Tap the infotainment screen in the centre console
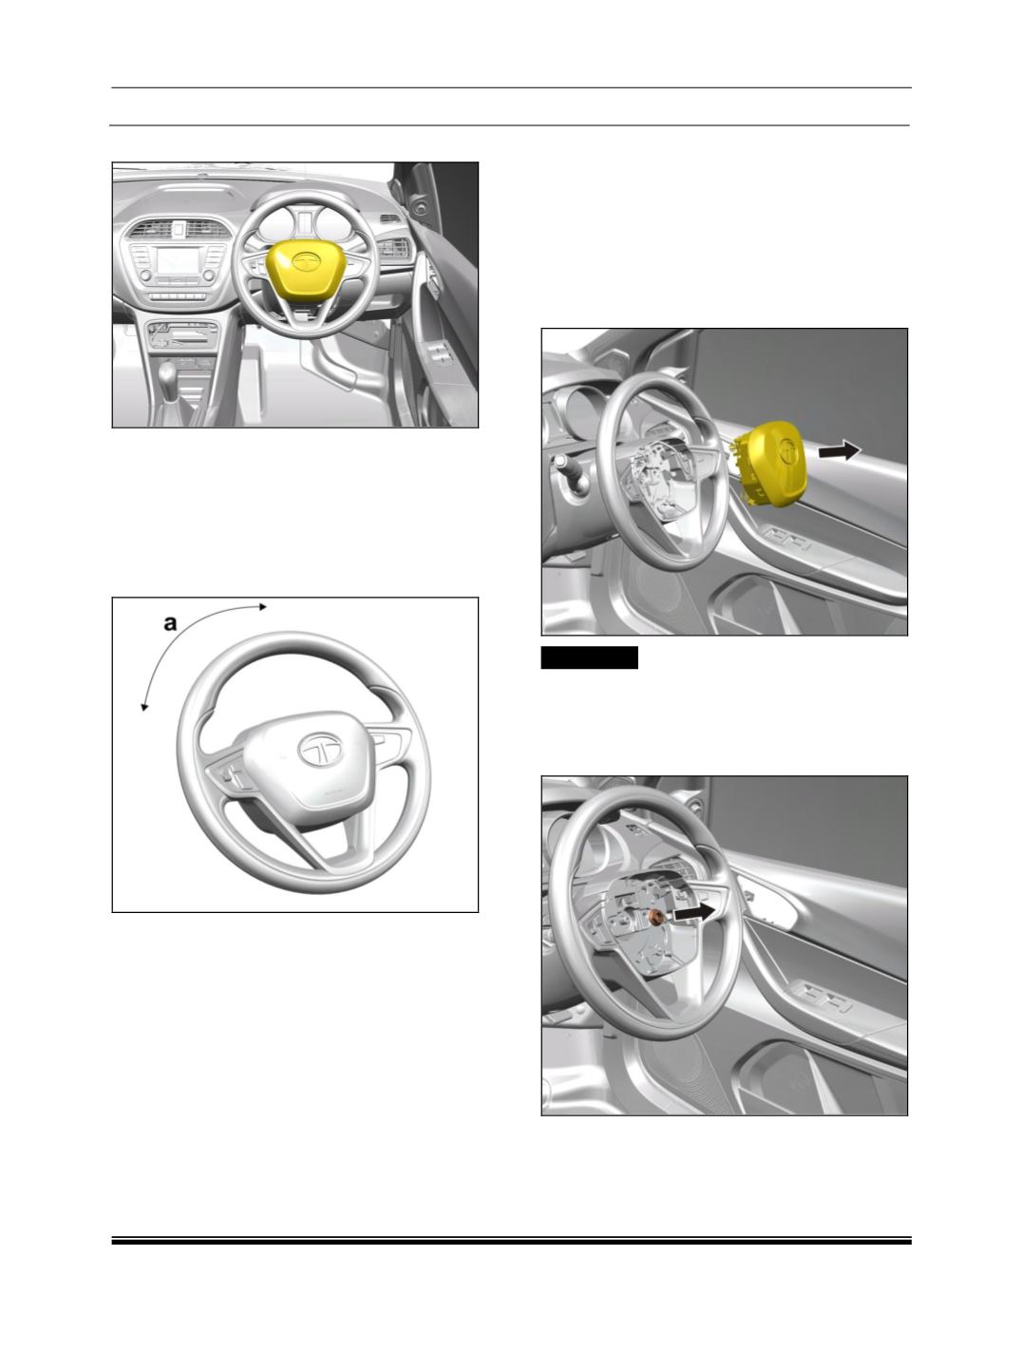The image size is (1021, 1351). click(178, 261)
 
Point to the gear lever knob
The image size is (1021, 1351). click(167, 373)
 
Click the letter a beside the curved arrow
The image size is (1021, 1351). click(170, 623)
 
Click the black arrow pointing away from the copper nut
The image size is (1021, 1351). click(694, 913)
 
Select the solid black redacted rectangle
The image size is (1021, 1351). click(589, 657)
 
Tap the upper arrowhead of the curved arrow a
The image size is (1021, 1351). click(263, 607)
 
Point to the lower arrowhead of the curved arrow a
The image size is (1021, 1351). click(144, 707)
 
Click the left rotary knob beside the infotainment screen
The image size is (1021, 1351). click(145, 276)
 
